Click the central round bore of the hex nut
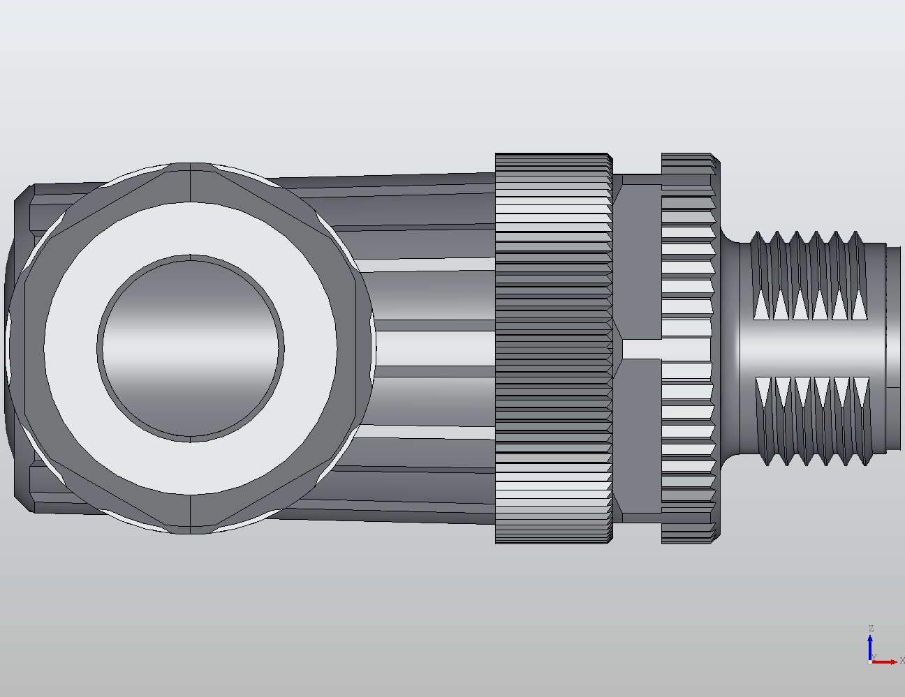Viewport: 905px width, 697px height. tap(191, 348)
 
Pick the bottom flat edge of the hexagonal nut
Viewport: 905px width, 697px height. tap(191, 527)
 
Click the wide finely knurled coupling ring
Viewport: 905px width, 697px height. tap(553, 348)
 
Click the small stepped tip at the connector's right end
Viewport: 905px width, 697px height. tap(893, 317)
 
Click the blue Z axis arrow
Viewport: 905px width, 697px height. tap(870, 645)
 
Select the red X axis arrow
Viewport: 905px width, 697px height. tap(886, 661)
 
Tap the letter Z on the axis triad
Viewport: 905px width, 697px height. tap(871, 629)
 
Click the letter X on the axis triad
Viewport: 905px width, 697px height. tap(902, 660)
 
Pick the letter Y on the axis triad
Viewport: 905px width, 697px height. tap(874, 657)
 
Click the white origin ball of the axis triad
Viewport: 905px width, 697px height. tap(869, 662)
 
